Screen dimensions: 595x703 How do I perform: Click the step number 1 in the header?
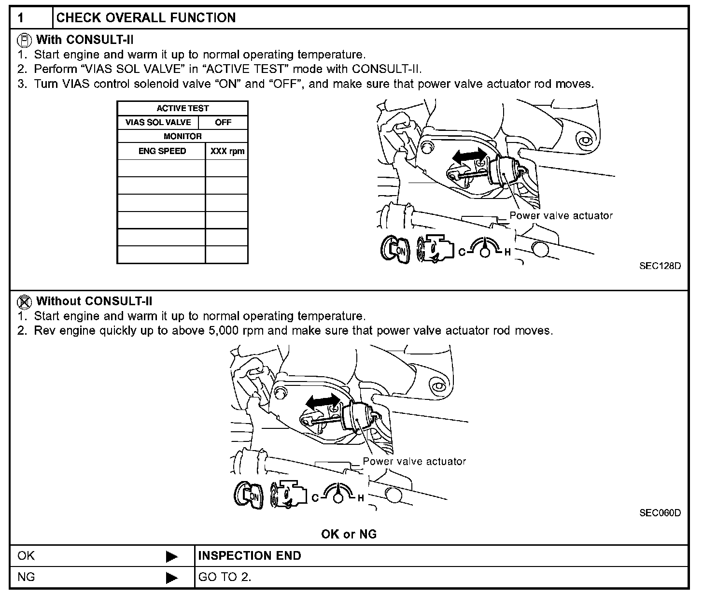point(21,18)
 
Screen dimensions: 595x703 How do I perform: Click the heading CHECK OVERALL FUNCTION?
point(146,18)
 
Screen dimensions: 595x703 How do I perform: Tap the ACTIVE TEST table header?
point(183,108)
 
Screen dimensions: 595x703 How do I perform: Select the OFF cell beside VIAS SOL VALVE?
point(223,122)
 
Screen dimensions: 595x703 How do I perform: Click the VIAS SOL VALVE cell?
point(158,122)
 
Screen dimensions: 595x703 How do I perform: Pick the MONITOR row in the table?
point(183,136)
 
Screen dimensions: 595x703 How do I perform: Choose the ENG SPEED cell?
point(162,151)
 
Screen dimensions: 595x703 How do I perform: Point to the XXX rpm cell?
point(227,151)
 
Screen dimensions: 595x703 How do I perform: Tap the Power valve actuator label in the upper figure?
point(561,216)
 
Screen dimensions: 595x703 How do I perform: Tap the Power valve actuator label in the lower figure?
point(414,461)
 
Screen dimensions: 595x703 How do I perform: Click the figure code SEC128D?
point(660,266)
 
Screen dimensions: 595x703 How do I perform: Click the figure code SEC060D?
point(660,512)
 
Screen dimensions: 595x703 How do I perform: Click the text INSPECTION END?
point(250,556)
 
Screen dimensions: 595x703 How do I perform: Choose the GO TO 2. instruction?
point(225,577)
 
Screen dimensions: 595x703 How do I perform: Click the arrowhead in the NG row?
point(171,578)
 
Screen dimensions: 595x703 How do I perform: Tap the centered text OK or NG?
point(349,534)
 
